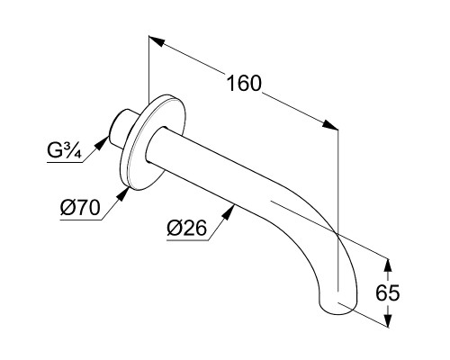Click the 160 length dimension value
[x=244, y=83]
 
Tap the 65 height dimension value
[x=388, y=292]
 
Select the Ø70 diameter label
[x=80, y=207]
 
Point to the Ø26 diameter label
[x=187, y=228]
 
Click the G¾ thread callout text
[x=64, y=150]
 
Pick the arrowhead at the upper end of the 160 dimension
[x=157, y=41]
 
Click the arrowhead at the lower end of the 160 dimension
[x=330, y=125]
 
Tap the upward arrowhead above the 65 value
[x=388, y=265]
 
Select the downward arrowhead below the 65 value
[x=388, y=320]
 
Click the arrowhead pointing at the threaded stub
[x=103, y=142]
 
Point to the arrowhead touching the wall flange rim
[x=122, y=193]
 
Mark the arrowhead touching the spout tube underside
[x=229, y=212]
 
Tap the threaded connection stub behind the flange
[x=122, y=128]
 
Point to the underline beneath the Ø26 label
[x=187, y=240]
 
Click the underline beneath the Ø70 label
[x=81, y=220]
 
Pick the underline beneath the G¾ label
[x=65, y=163]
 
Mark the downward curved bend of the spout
[x=318, y=240]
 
